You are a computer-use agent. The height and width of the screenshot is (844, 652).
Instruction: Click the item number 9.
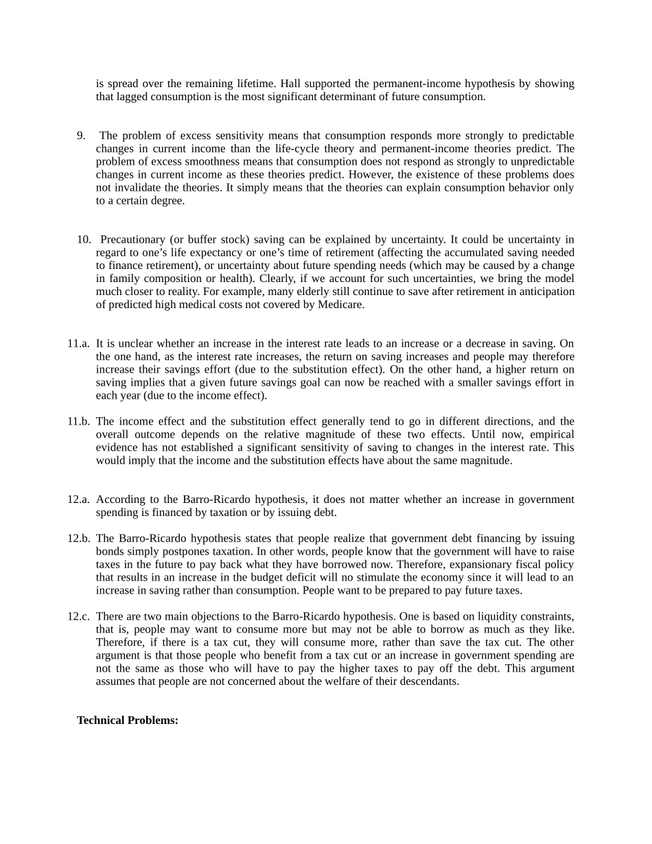(x=81, y=136)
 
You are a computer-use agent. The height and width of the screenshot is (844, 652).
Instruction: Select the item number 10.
(x=84, y=239)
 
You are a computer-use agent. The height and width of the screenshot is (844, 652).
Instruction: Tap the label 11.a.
(x=78, y=344)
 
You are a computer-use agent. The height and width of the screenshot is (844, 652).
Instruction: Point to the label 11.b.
(x=78, y=421)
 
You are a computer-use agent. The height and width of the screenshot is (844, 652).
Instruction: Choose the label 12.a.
(x=78, y=500)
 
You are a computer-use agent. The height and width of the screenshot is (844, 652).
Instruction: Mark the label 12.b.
(x=78, y=539)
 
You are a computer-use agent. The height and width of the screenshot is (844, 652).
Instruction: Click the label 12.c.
(x=78, y=616)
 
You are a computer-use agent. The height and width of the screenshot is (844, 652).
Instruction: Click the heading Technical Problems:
(x=128, y=720)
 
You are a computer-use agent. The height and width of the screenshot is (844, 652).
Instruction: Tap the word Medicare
(x=340, y=305)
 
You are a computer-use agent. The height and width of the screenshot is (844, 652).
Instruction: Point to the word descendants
(x=424, y=681)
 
